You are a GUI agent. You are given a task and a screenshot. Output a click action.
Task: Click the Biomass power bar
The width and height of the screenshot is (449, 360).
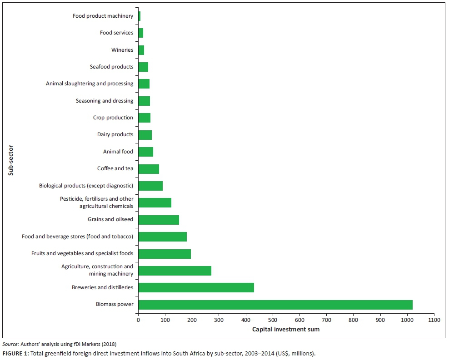(x=275, y=305)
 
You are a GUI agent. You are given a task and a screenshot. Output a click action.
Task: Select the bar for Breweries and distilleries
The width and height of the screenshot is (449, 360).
(x=196, y=287)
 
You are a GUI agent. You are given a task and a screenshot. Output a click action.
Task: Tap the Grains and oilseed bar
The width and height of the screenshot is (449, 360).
(x=159, y=220)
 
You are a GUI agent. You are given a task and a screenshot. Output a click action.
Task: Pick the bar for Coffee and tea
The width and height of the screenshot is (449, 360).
(x=149, y=169)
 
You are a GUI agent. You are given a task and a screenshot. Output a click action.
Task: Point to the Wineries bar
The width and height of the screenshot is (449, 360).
(x=141, y=50)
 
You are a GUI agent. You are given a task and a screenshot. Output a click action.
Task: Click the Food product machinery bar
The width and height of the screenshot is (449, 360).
(x=140, y=16)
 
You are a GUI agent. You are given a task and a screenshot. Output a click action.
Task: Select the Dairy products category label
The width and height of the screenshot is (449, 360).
(x=115, y=134)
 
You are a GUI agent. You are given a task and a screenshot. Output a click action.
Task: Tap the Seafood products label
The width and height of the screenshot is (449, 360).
(x=111, y=67)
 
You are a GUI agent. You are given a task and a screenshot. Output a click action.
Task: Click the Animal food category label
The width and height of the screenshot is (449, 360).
(x=118, y=152)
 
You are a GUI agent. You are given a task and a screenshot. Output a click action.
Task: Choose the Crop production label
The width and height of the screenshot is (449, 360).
(x=113, y=118)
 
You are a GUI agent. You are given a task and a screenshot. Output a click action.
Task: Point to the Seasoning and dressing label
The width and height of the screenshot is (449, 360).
(x=105, y=101)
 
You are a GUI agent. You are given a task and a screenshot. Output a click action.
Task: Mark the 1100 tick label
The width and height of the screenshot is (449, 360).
(x=434, y=320)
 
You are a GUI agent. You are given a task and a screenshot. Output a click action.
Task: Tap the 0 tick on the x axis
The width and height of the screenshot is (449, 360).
(x=138, y=320)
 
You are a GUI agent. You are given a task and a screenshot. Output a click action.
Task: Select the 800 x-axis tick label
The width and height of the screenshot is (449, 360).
(x=354, y=320)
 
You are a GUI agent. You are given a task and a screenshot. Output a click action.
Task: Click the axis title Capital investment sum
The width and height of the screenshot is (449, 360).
(x=286, y=329)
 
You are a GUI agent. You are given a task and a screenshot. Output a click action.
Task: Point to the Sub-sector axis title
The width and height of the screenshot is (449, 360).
(x=10, y=160)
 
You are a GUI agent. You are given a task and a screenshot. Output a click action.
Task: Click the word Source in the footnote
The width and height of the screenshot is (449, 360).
(x=10, y=345)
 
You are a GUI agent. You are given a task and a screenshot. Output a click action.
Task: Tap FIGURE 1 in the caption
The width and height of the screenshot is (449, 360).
(x=15, y=353)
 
